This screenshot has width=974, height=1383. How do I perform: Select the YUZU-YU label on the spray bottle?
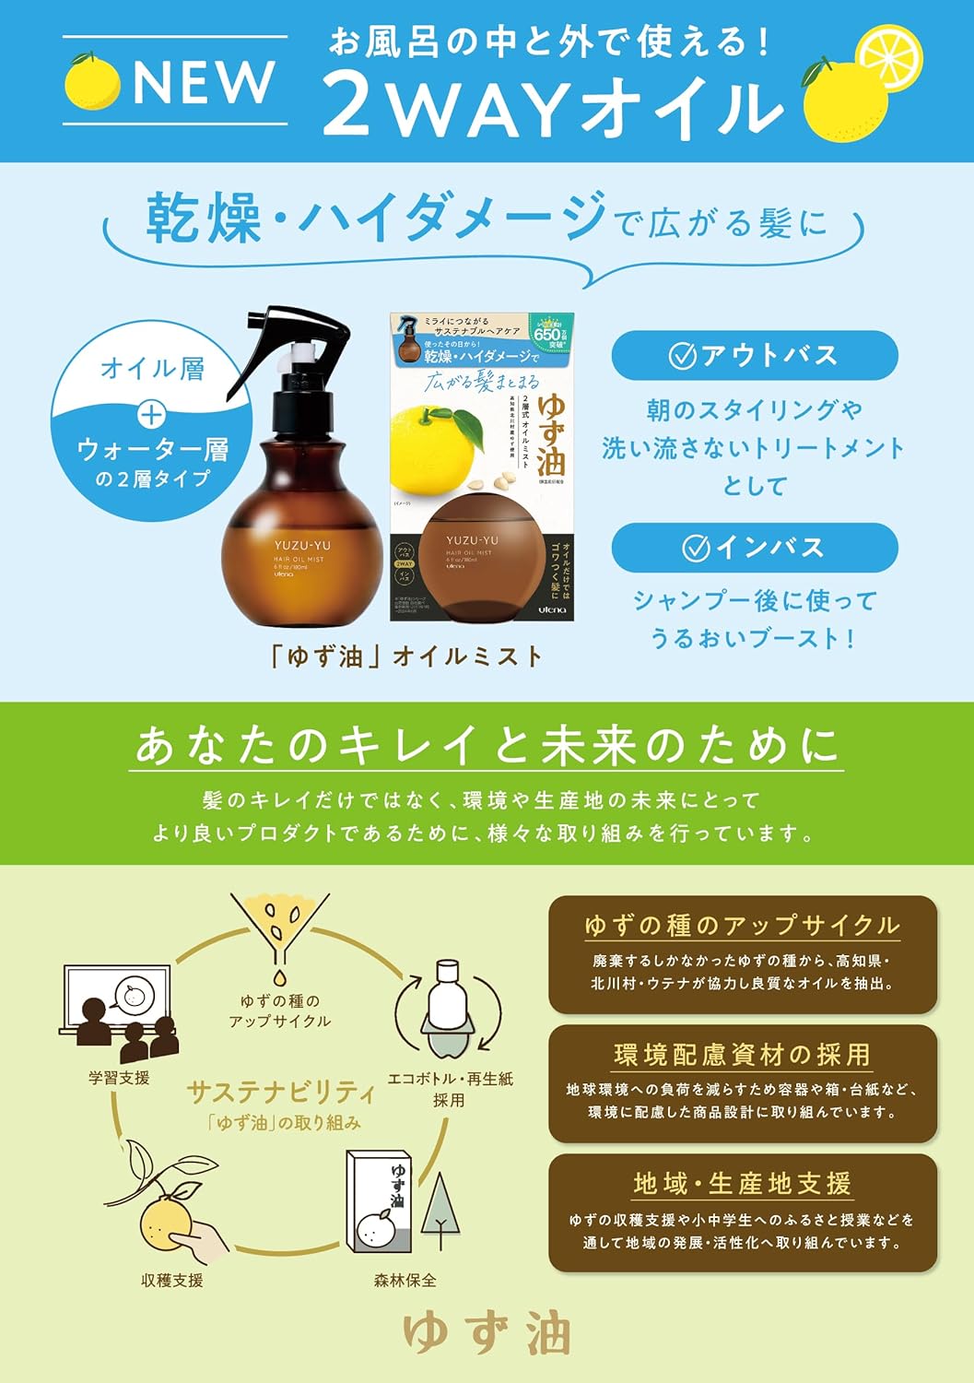tap(301, 545)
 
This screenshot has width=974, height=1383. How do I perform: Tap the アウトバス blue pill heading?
tap(754, 355)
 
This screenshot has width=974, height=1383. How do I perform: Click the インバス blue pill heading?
tap(754, 548)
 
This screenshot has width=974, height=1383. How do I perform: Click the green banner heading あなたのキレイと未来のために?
tap(487, 745)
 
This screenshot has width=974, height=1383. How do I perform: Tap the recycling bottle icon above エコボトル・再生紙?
tap(448, 1011)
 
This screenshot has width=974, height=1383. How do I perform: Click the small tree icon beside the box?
tap(440, 1205)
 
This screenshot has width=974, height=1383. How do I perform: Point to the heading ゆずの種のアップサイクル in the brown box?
tap(742, 926)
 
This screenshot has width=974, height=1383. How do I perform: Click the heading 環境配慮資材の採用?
tap(742, 1054)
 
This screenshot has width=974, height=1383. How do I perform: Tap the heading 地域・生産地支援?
tap(742, 1183)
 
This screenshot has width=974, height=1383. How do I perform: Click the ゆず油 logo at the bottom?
tap(487, 1334)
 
